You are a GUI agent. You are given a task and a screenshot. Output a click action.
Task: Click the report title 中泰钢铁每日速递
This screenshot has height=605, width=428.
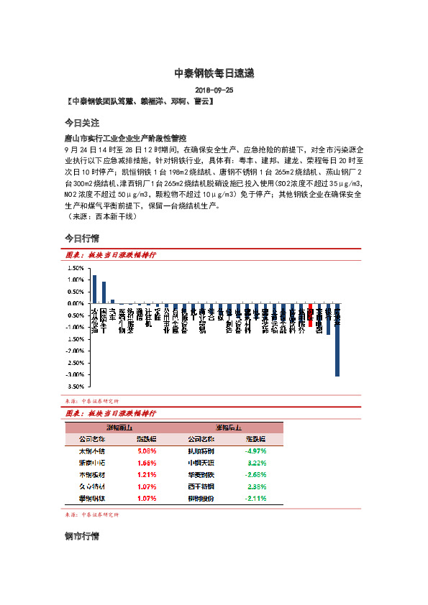[x=214, y=73]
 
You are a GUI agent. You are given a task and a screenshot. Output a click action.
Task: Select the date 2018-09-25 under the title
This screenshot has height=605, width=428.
[x=214, y=91]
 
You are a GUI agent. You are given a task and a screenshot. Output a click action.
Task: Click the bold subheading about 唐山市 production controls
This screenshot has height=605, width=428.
[x=125, y=137]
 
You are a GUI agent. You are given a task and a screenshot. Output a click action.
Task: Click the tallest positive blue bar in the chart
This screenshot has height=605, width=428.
[x=94, y=289]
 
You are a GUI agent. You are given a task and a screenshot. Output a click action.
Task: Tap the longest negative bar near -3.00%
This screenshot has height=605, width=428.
[x=337, y=339]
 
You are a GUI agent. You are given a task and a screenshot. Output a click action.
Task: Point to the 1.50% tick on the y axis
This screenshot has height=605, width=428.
[x=76, y=268]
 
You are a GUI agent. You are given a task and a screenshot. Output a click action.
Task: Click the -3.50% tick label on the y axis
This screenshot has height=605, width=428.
[x=74, y=386]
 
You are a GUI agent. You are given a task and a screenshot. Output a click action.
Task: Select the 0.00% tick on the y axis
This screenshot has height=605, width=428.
[x=76, y=303]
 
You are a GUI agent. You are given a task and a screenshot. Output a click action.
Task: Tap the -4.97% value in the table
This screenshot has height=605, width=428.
[x=255, y=451]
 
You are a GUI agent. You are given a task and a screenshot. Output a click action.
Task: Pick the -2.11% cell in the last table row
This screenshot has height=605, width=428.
[x=255, y=498]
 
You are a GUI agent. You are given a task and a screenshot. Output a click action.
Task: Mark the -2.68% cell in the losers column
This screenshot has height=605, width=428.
[x=255, y=475]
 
